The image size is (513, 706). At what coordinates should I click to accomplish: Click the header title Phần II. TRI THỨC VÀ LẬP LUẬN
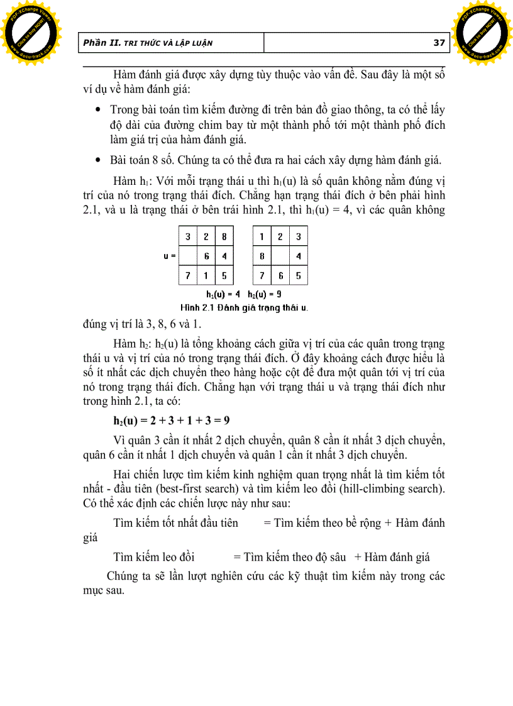pyautogui.click(x=148, y=43)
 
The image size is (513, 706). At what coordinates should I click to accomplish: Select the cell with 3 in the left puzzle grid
pyautogui.click(x=187, y=237)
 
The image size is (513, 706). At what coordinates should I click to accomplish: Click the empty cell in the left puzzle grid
pyautogui.click(x=187, y=256)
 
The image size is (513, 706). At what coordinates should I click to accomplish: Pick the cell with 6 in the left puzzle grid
pyautogui.click(x=206, y=256)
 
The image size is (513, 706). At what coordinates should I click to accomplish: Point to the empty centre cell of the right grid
pyautogui.click(x=280, y=256)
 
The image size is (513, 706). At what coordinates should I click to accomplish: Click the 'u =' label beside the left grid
pyautogui.click(x=169, y=256)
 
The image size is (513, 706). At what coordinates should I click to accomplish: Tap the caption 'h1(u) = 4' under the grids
pyautogui.click(x=223, y=294)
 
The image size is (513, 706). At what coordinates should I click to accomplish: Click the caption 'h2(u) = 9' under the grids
pyautogui.click(x=265, y=294)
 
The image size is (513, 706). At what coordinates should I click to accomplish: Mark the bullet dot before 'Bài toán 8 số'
pyautogui.click(x=97, y=158)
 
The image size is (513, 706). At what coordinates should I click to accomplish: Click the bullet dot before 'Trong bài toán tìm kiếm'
pyautogui.click(x=97, y=110)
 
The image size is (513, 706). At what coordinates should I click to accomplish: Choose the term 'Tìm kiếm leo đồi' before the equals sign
pyautogui.click(x=154, y=556)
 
